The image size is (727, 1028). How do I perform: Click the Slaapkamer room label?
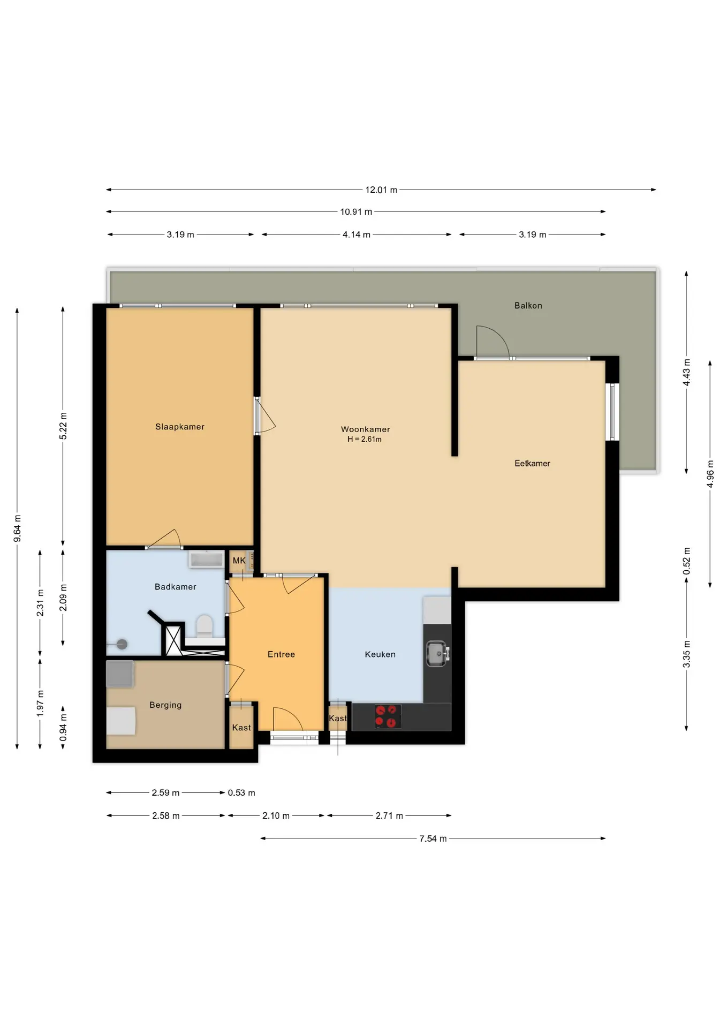pyautogui.click(x=180, y=427)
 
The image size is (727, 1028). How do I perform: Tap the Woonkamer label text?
pyautogui.click(x=366, y=429)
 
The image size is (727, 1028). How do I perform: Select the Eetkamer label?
pyautogui.click(x=532, y=464)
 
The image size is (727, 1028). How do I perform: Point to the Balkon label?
pyautogui.click(x=528, y=306)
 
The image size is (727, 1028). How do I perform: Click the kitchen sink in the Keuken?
pyautogui.click(x=437, y=654)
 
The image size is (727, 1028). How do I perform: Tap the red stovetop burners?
pyautogui.click(x=388, y=716)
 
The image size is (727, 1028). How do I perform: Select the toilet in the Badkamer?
pyautogui.click(x=204, y=626)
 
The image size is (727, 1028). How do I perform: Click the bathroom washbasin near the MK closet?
pyautogui.click(x=206, y=560)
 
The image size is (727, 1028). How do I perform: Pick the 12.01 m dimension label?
pyautogui.click(x=381, y=190)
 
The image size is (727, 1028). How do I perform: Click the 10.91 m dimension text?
pyautogui.click(x=356, y=212)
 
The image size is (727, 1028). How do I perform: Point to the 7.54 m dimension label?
pyautogui.click(x=433, y=839)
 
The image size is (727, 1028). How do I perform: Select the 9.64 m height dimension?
pyautogui.click(x=18, y=528)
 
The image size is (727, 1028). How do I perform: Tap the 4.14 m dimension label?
pyautogui.click(x=357, y=235)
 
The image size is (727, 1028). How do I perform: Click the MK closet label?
pyautogui.click(x=239, y=561)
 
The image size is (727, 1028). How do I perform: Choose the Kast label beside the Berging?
pyautogui.click(x=241, y=728)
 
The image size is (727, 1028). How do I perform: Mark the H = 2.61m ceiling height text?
pyautogui.click(x=365, y=440)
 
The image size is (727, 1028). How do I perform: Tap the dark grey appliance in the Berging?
pyautogui.click(x=120, y=674)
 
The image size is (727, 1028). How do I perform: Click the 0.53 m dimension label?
pyautogui.click(x=241, y=793)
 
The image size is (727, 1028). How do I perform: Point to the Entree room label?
pyautogui.click(x=281, y=654)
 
